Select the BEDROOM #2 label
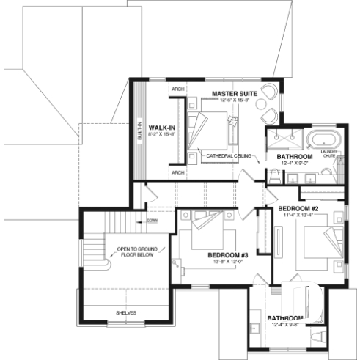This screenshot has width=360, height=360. [x=298, y=207]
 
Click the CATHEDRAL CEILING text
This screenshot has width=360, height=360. [x=229, y=156]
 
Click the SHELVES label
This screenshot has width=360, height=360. [x=126, y=312]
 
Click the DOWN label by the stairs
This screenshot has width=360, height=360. [x=152, y=220]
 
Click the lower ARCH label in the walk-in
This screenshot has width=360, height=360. [x=177, y=172]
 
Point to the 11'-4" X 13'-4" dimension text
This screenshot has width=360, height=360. [x=298, y=215]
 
